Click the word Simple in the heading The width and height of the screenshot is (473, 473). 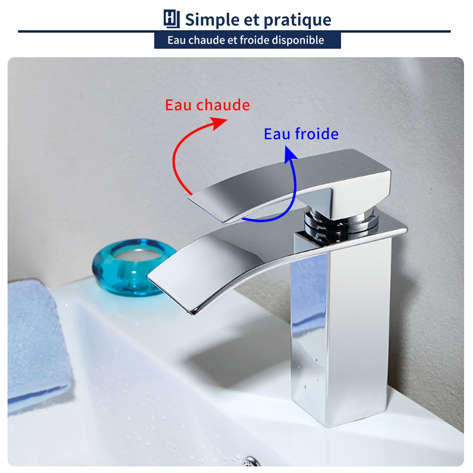click(212, 20)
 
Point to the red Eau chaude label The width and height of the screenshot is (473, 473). click(207, 105)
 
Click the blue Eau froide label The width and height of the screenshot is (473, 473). click(301, 134)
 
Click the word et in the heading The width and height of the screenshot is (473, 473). click(251, 20)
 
